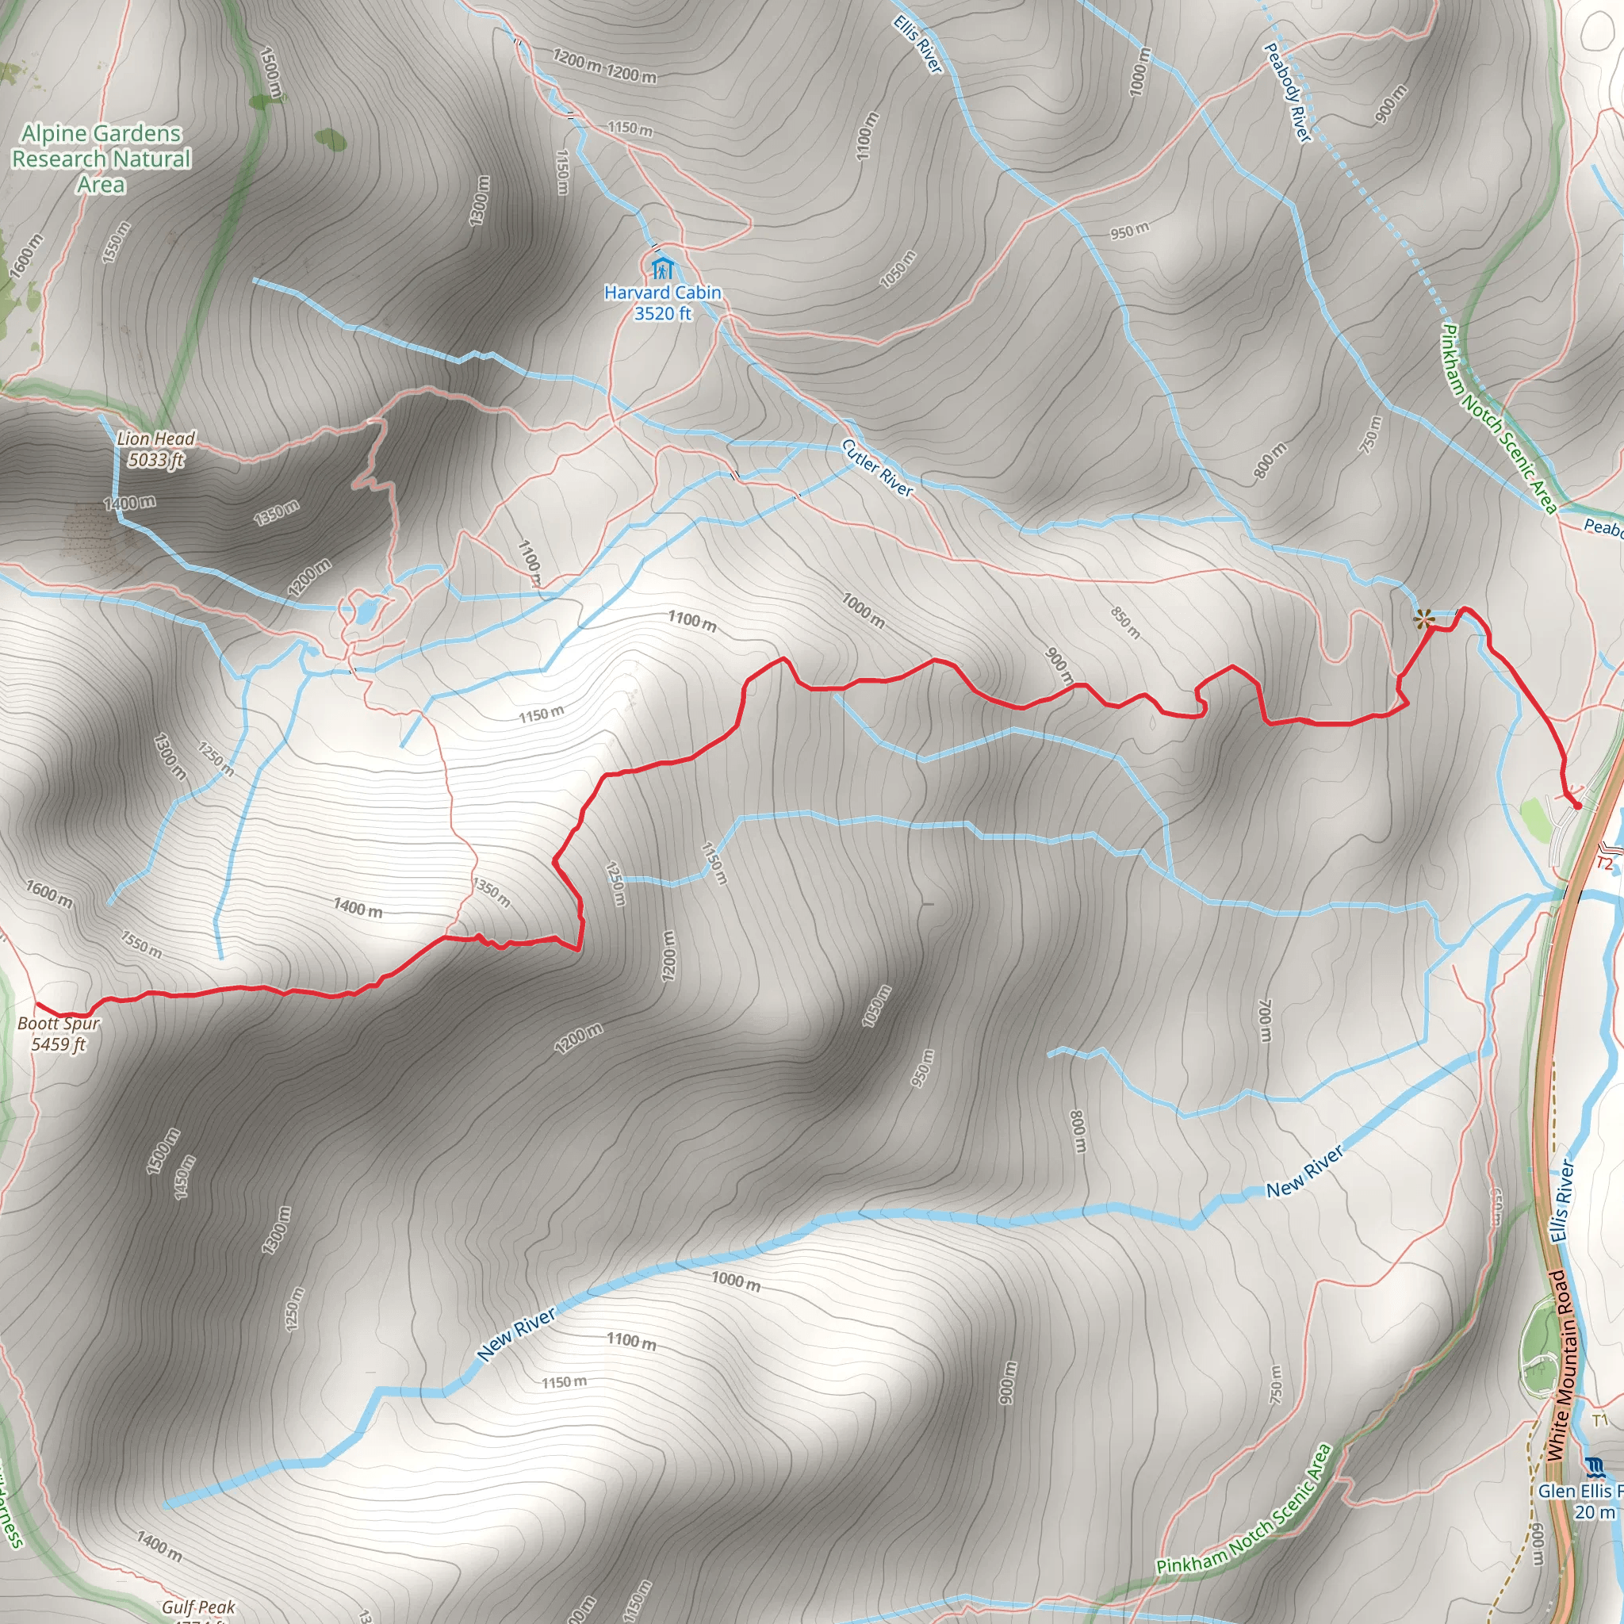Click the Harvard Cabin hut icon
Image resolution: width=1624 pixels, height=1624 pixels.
tap(662, 268)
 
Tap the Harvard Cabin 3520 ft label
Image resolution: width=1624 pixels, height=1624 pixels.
tap(662, 303)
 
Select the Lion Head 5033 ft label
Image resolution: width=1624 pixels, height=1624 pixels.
tap(155, 449)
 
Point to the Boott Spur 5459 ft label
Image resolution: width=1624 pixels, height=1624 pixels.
tap(59, 1034)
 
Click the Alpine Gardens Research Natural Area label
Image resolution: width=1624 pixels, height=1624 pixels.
tap(101, 159)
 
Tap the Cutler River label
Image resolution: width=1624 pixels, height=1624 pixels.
tap(877, 467)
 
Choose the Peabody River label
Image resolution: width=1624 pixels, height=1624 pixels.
tap(1287, 93)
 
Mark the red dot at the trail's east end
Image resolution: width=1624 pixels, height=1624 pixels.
tap(1577, 806)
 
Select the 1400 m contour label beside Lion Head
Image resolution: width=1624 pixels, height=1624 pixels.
tap(129, 503)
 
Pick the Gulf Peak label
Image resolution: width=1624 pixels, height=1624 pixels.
tap(198, 1607)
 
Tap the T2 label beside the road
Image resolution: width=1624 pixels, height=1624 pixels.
tap(1605, 864)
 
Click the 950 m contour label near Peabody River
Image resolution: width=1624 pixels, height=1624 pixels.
tap(1129, 230)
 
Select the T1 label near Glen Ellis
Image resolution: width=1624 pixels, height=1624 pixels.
tap(1599, 1420)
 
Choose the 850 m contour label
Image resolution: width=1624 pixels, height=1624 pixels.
tap(1125, 622)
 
